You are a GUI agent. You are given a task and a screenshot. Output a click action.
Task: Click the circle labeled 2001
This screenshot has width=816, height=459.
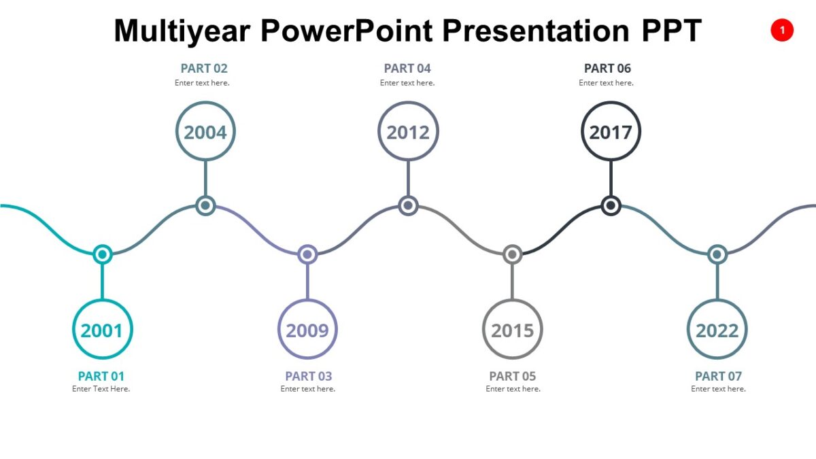102,330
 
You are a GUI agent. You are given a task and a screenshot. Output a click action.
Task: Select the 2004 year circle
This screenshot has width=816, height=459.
205,131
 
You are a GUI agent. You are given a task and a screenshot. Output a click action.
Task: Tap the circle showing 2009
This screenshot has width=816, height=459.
307,330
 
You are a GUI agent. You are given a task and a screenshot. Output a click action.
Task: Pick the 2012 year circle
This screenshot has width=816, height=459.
408,131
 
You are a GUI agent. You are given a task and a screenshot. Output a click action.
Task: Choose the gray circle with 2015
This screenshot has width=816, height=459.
513,330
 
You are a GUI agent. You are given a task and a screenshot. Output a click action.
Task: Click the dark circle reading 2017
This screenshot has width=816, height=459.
611,131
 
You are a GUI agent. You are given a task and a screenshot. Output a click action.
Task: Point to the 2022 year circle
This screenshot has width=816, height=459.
717,330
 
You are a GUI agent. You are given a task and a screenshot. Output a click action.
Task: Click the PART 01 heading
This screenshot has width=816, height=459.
101,376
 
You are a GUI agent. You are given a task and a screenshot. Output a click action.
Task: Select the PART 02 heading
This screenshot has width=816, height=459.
204,68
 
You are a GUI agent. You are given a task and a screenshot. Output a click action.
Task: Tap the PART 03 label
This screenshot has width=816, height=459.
309,376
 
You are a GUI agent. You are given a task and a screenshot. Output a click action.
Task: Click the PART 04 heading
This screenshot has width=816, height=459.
407,68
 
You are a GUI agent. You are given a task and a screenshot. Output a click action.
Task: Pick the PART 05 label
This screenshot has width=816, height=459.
513,376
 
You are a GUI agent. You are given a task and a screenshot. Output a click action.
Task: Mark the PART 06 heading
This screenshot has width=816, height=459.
608,68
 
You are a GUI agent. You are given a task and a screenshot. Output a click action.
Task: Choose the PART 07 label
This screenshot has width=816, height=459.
719,376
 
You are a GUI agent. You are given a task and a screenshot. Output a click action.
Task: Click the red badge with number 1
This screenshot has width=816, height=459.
782,30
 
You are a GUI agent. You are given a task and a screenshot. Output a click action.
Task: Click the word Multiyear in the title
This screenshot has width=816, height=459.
182,31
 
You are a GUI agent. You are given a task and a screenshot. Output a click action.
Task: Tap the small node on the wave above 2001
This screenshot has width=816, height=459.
102,254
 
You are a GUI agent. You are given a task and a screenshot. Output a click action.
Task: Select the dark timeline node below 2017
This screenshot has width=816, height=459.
611,205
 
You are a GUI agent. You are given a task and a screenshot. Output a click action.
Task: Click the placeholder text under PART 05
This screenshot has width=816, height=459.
513,389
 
